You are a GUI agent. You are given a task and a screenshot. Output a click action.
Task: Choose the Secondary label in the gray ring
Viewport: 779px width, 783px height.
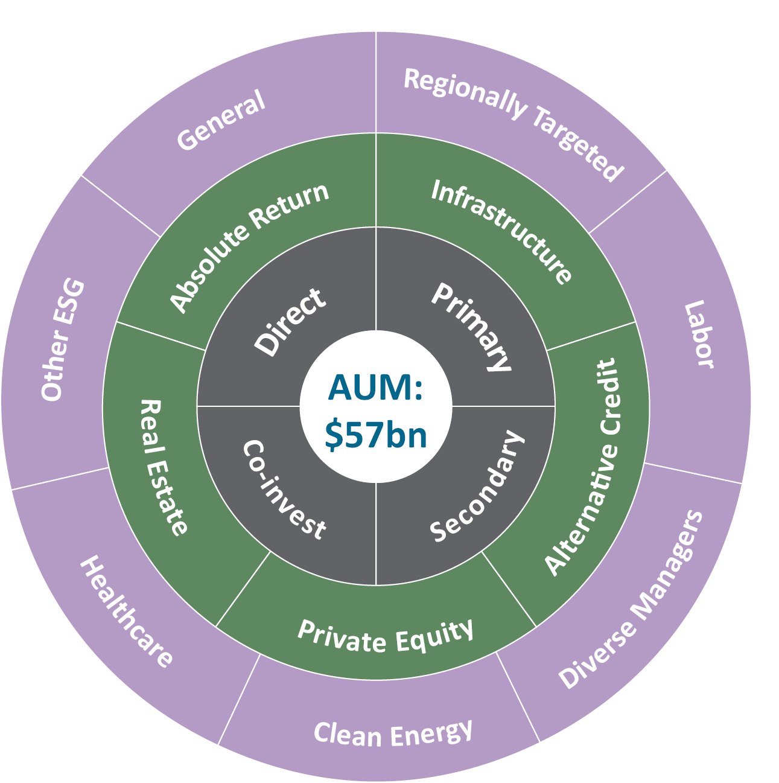point(477,487)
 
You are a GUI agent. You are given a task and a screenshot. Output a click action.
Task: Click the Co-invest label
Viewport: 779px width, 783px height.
point(284,489)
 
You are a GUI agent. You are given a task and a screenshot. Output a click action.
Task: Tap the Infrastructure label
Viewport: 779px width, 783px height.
point(501,232)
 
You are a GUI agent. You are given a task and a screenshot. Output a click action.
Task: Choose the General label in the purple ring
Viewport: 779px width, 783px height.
point(221,120)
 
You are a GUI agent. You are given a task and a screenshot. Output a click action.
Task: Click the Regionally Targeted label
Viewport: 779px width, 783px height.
point(513,124)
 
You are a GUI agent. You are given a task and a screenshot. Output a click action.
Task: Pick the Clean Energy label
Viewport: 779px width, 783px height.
point(393,734)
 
